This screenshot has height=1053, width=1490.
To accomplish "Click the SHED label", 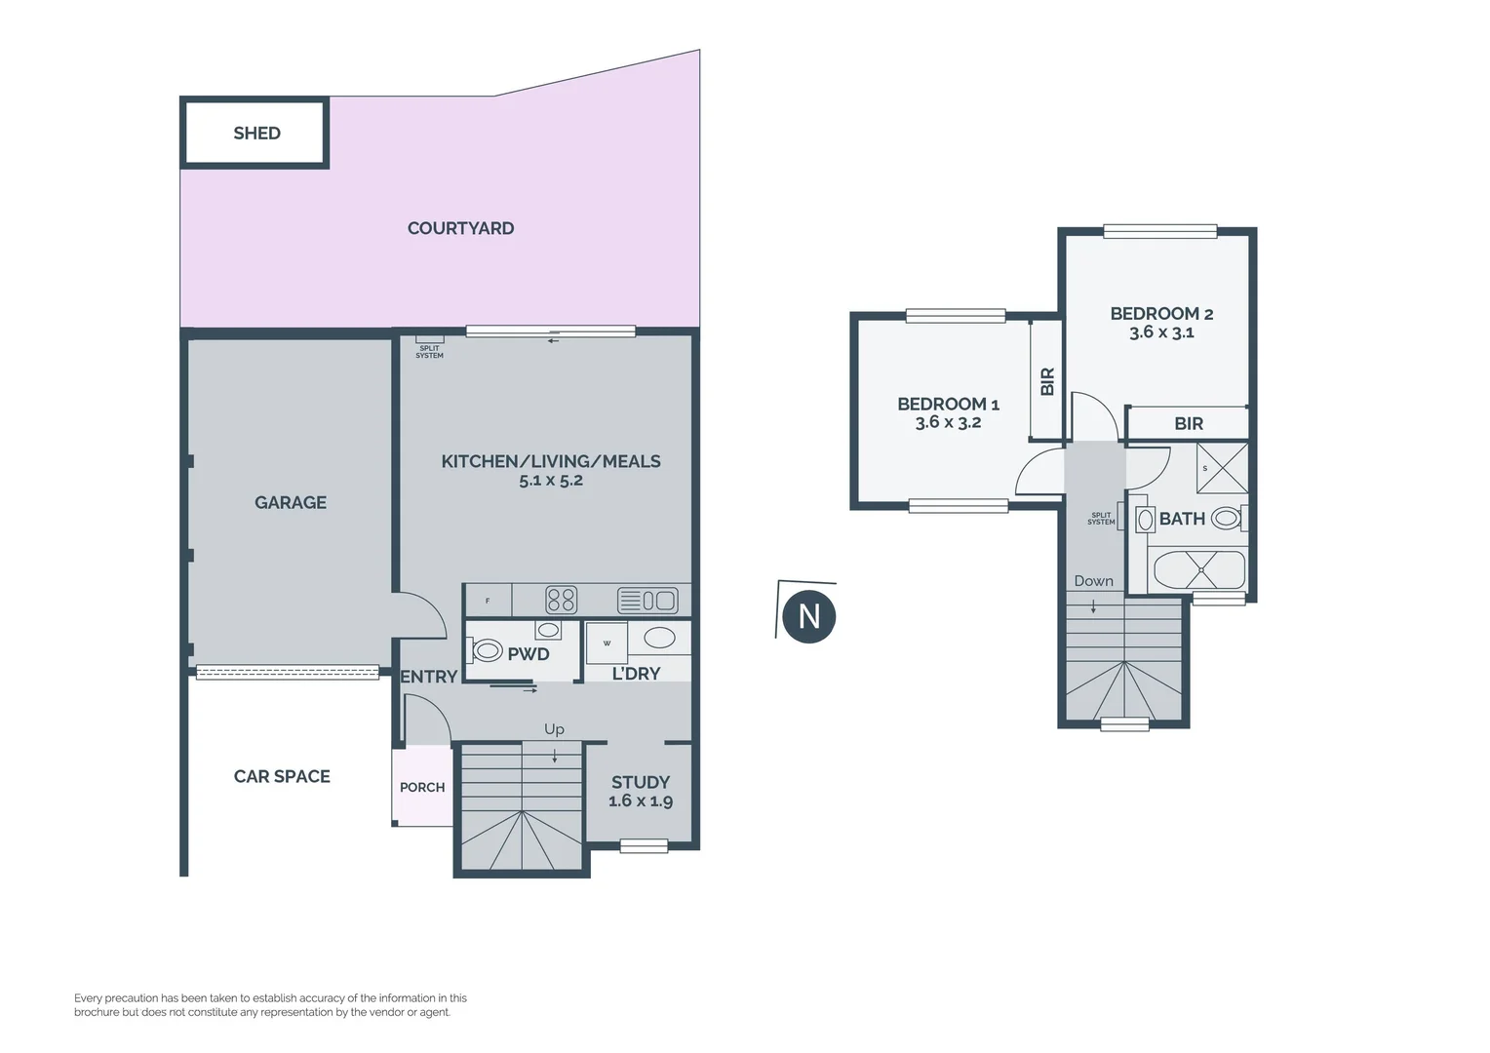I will pos(256,134).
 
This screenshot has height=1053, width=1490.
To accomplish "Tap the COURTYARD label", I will pos(460,228).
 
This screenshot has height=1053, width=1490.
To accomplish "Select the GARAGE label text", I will pos(291,502).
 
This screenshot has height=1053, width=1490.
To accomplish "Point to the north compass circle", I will pos(808,616).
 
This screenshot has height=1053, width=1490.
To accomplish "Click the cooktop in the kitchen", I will pos(561,600).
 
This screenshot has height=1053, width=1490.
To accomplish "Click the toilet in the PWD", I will pos(487,649).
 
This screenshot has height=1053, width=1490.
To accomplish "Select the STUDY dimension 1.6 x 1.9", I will pos(641,801).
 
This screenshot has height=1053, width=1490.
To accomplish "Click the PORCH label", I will pos(422,787).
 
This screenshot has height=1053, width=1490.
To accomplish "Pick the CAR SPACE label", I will pos(282,776).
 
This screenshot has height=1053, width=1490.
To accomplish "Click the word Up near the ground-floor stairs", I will pos(554,729).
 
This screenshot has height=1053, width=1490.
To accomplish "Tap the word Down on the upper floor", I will pos(1093,581).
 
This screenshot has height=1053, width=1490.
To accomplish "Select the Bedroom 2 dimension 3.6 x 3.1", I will pos(1161,332).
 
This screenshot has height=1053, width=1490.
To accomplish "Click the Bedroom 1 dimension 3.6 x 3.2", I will pos(948,422).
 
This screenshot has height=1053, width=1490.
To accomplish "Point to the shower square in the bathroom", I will pos(1222,468).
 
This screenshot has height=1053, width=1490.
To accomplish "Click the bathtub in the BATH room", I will pos(1199,569).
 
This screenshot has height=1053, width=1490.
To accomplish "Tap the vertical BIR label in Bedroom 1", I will pos(1047,381).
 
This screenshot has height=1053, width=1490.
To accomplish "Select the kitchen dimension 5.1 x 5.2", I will pos(551,480).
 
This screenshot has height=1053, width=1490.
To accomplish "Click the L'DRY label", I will pos(636,674).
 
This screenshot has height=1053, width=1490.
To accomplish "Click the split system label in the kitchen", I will pos(429,351).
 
